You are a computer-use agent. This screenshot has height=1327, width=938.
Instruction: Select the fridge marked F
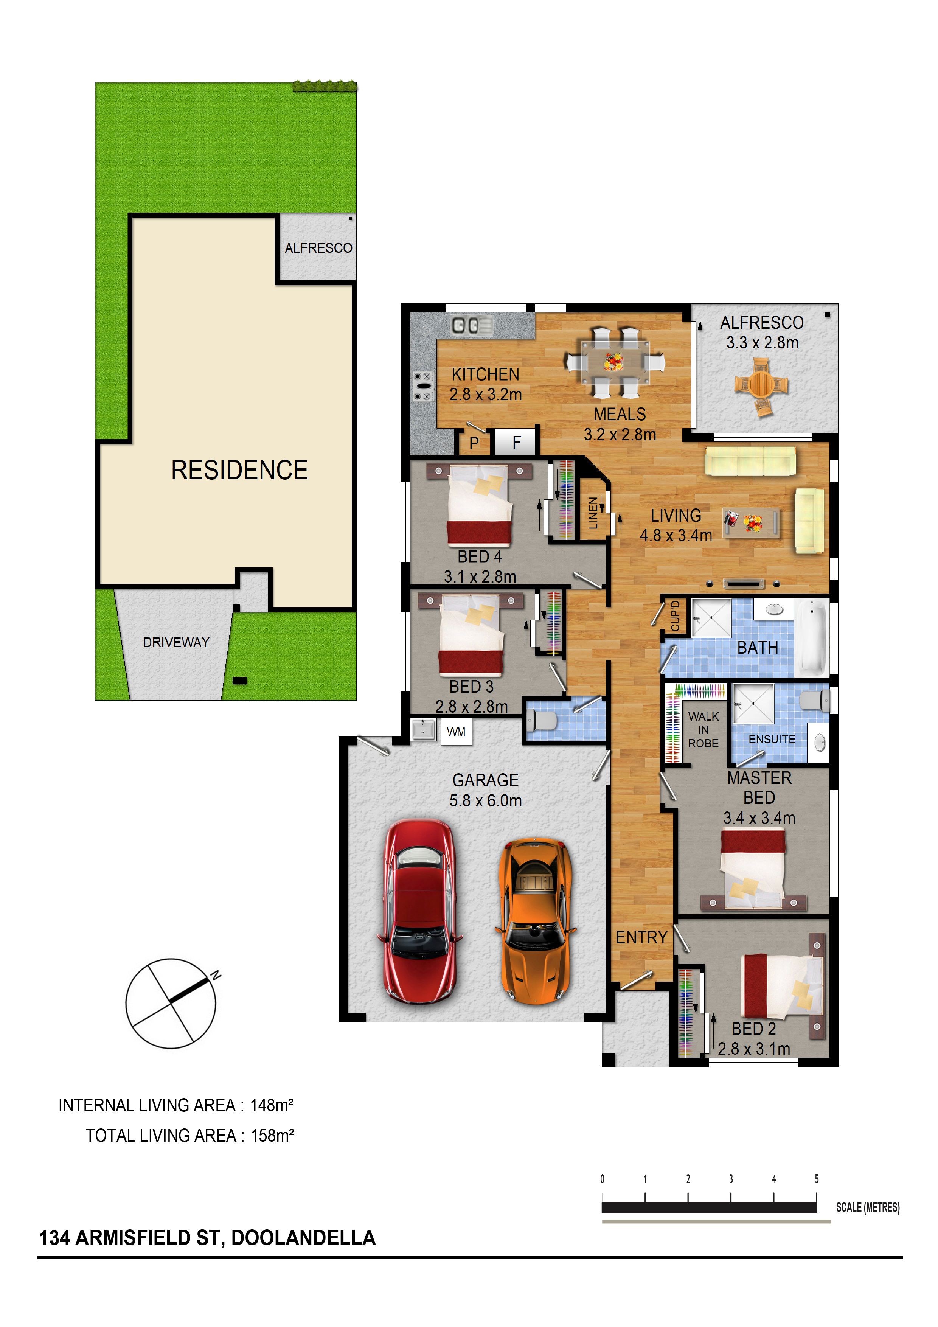(517, 443)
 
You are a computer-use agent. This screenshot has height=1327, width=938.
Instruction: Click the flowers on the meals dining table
(614, 362)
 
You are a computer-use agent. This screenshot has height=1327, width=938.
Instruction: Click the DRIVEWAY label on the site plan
(176, 642)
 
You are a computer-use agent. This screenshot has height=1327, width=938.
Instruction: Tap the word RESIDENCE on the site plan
(239, 470)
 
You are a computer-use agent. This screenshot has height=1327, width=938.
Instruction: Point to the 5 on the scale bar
(817, 1179)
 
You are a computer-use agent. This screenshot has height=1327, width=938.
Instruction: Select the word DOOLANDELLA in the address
(303, 1237)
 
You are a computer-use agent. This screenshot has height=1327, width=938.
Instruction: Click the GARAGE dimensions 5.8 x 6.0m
(486, 800)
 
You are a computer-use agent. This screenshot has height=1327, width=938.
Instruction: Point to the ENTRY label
(641, 937)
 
